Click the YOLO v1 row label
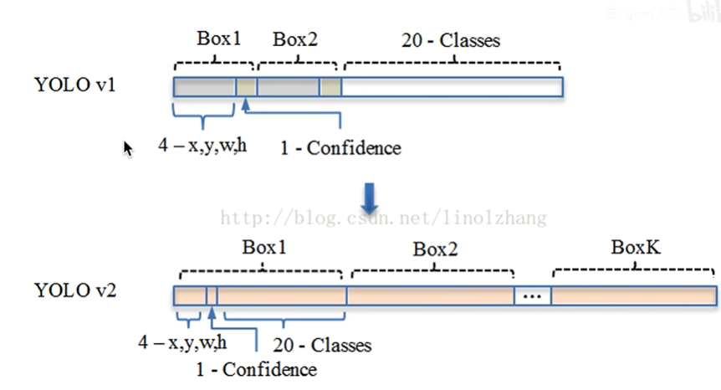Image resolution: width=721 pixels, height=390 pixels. point(74,85)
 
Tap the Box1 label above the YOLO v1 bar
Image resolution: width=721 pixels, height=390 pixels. point(218,38)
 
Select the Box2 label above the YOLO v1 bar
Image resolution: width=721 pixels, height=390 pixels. point(295,38)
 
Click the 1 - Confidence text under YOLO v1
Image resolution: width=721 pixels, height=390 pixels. point(340,148)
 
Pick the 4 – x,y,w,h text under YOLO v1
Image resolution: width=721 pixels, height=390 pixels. point(202,146)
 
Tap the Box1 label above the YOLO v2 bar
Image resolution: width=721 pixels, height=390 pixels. point(263,248)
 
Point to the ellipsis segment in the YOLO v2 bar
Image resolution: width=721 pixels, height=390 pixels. point(533,295)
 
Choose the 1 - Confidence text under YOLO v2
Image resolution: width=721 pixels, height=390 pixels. point(256,369)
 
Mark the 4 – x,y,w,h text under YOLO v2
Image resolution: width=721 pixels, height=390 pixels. point(182,342)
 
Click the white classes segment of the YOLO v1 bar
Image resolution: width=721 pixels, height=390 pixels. point(452,87)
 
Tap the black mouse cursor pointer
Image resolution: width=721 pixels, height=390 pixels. point(128,148)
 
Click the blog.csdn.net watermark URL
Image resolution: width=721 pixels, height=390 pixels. point(383,218)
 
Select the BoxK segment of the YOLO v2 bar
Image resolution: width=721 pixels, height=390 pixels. point(633,295)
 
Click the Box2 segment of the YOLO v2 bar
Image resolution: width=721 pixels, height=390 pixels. point(430,295)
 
